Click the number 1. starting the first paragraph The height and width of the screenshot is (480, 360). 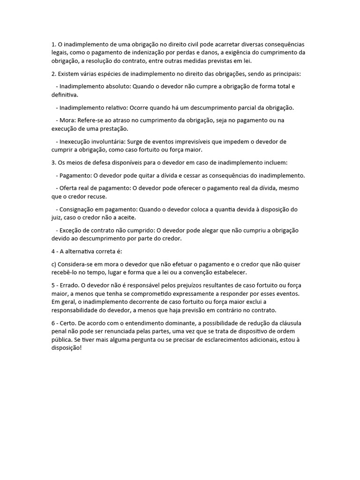54,45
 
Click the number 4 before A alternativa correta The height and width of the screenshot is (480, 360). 53,251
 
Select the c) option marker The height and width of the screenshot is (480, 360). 54,264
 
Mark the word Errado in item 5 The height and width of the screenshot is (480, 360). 70,285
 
